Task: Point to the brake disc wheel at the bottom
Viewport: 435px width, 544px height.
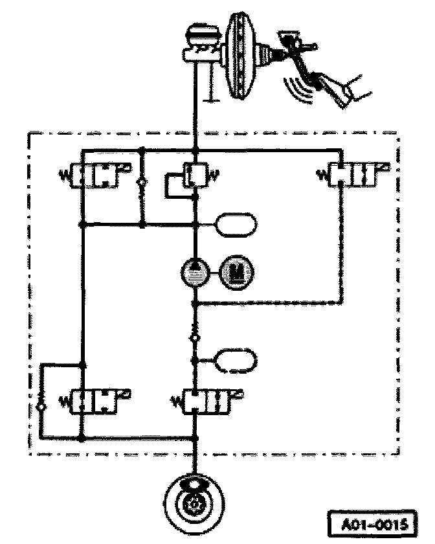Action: click(194, 505)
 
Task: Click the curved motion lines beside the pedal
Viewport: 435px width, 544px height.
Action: click(298, 87)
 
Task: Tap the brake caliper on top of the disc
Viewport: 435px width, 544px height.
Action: click(194, 487)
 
